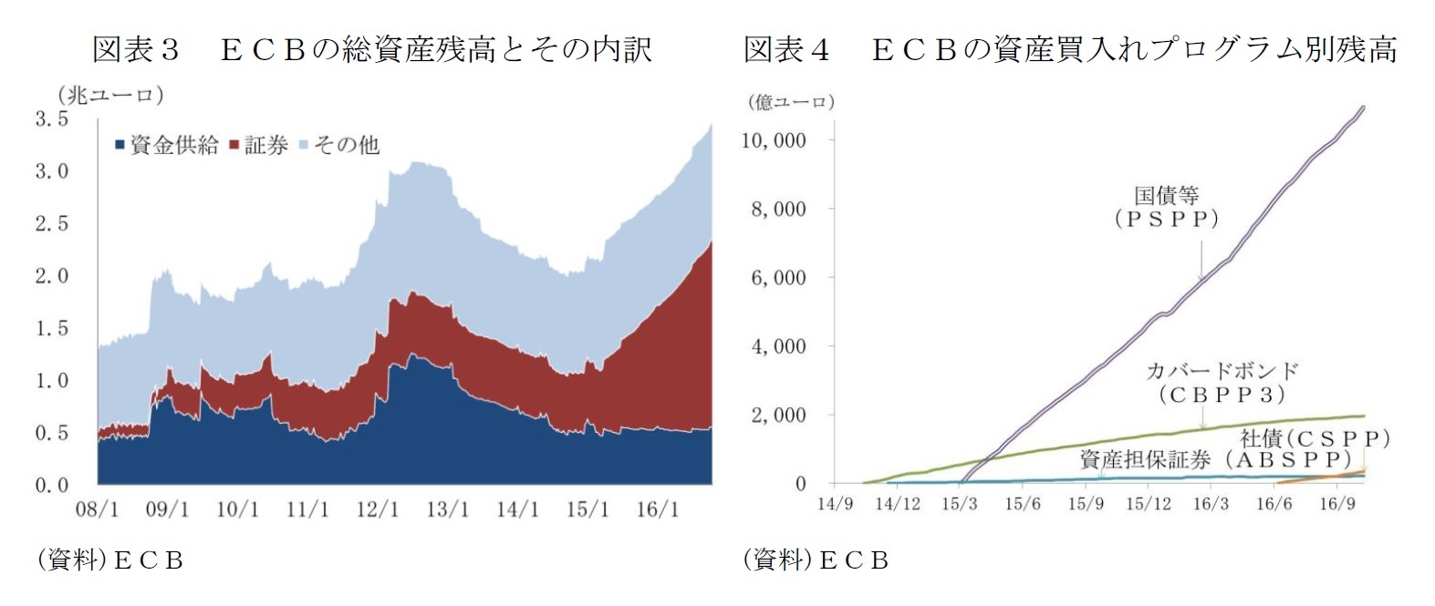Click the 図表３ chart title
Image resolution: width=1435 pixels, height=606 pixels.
pos(371,49)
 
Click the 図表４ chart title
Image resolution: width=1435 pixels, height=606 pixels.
pos(1069,49)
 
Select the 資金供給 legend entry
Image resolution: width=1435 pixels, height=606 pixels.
pos(167,145)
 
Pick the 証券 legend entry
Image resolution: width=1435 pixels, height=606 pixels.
pos(259,145)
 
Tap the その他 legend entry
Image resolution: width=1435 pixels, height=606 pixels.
pos(339,145)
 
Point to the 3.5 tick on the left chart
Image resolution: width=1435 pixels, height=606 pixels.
pos(51,118)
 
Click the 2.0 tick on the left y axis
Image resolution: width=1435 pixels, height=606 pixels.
pos(51,276)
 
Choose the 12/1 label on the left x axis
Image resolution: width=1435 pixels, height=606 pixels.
pos(377,508)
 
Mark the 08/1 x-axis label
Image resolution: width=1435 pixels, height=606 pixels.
pos(96,508)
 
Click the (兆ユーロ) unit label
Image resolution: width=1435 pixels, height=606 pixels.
pos(110,95)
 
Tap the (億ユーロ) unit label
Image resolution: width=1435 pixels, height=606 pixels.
pos(791,102)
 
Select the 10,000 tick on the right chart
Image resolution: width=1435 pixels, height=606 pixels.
pos(774,140)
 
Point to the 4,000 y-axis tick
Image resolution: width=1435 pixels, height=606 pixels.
pos(778,346)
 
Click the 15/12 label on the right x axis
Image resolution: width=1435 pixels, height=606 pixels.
pos(1148,503)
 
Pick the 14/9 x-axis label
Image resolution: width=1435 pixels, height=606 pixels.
pos(834,503)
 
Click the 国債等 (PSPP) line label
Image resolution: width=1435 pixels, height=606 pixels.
pos(1166,207)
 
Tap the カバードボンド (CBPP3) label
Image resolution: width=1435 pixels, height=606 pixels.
pos(1222,383)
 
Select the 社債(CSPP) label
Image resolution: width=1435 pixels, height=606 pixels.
pos(1315,438)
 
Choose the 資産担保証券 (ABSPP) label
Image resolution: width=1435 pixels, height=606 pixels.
pos(1214,459)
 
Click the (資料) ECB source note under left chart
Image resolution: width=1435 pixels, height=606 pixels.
pos(109,560)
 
